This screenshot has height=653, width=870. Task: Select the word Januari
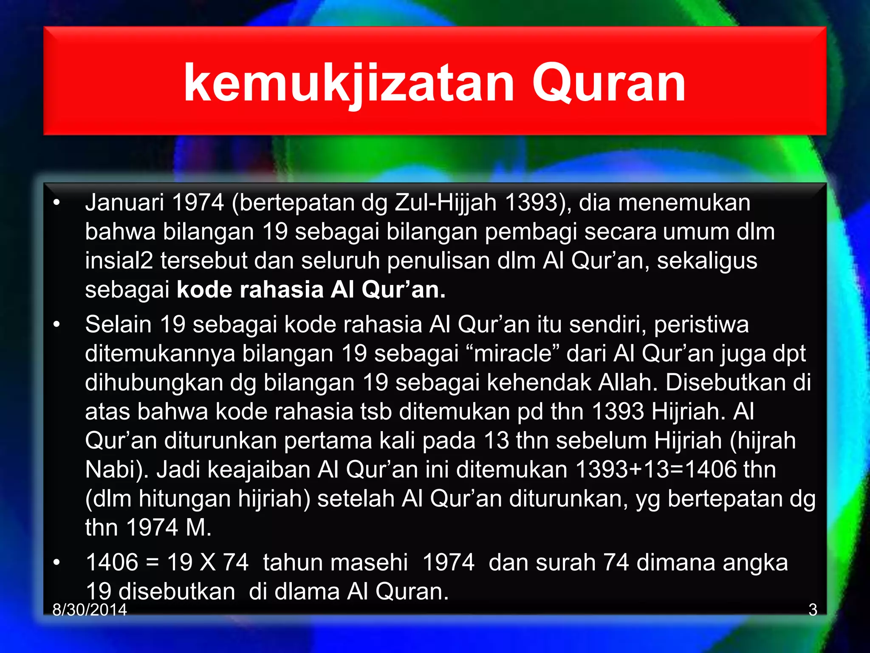(x=124, y=202)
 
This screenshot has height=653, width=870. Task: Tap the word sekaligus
(x=707, y=261)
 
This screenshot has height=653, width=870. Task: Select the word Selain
(x=119, y=324)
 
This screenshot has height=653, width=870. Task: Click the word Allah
(x=628, y=383)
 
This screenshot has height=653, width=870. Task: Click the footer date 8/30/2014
(x=90, y=610)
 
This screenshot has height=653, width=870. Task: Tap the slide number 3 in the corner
(x=813, y=610)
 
